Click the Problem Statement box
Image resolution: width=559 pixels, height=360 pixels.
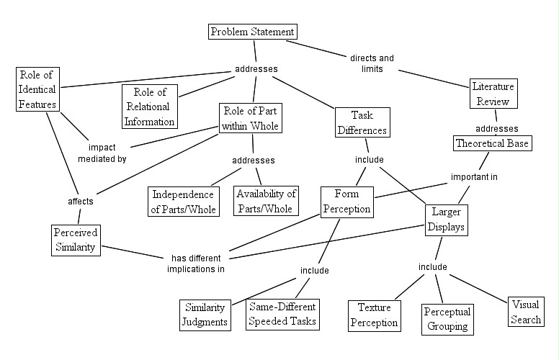[252, 32]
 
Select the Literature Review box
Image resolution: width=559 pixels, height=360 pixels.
[493, 94]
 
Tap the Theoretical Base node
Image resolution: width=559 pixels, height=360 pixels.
[493, 143]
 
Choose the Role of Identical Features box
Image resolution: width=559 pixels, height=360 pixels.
[37, 90]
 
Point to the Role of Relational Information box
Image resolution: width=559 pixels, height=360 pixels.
[149, 105]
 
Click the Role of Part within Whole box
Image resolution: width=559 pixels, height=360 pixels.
[249, 119]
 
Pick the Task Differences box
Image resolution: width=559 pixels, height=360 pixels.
[362, 122]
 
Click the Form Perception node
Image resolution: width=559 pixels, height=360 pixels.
[346, 202]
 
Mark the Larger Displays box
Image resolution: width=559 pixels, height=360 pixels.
[446, 220]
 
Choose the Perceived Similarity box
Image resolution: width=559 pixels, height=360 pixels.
[76, 240]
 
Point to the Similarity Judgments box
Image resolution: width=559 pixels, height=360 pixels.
[205, 313]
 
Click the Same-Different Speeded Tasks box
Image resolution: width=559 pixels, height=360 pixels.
[282, 313]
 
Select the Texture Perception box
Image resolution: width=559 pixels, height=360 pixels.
[374, 315]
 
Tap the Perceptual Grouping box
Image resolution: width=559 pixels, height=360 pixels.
[447, 319]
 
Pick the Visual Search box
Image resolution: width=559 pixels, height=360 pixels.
[525, 312]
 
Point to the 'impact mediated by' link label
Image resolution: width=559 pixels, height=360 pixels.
[103, 153]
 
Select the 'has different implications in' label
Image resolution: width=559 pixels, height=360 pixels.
[197, 263]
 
